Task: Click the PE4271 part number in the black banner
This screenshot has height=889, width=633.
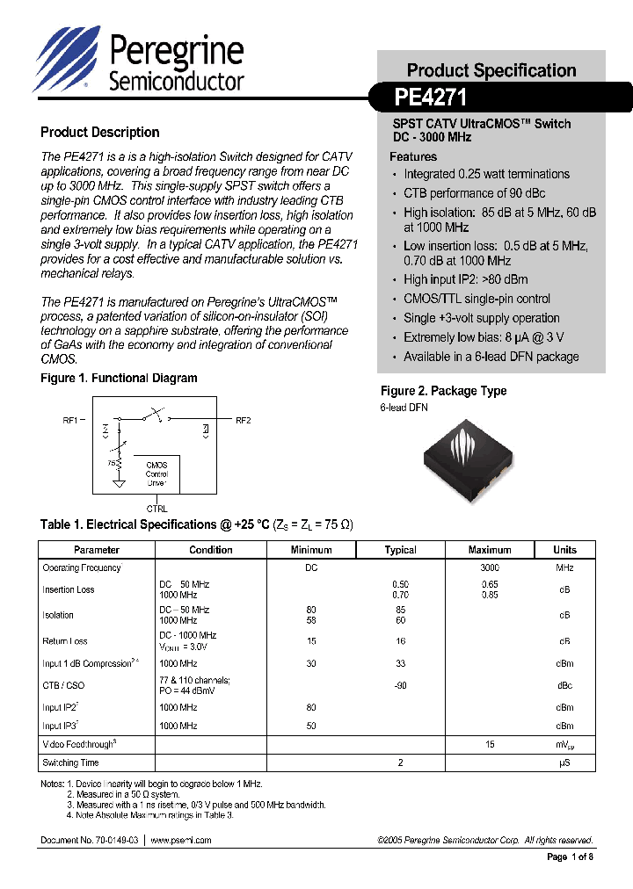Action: tap(431, 96)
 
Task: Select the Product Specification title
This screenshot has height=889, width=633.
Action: tap(491, 70)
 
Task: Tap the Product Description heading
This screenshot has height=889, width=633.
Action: tap(99, 133)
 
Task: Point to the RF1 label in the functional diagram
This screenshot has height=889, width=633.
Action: tap(71, 420)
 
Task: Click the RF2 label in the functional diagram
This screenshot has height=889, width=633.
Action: tap(244, 420)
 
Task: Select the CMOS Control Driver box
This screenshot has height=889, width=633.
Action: tap(156, 474)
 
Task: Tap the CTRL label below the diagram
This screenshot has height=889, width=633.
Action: tap(156, 509)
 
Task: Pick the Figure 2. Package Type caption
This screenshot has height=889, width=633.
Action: tap(443, 391)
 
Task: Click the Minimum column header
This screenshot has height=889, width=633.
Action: tap(311, 550)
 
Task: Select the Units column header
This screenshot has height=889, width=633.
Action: tap(564, 550)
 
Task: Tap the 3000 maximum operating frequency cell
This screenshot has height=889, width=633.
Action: tap(490, 567)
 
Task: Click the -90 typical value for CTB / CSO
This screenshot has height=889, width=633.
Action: tap(400, 685)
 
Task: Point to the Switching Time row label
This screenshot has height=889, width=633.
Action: tap(71, 763)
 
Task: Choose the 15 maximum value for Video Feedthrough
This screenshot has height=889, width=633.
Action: tap(490, 744)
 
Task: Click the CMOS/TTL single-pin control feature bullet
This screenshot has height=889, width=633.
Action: tap(477, 299)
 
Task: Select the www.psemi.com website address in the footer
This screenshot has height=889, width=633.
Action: tap(180, 840)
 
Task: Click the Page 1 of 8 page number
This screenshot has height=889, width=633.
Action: tap(570, 857)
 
